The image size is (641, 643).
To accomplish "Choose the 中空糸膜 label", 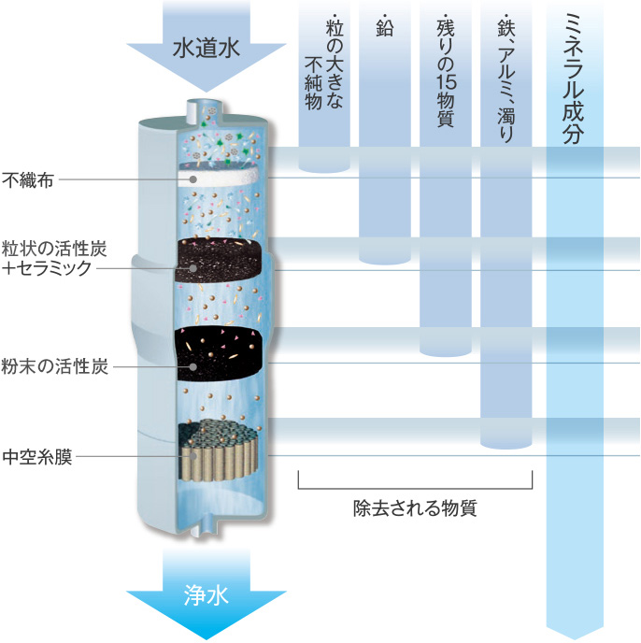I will click(36, 457).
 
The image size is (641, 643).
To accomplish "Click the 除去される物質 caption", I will click(415, 509).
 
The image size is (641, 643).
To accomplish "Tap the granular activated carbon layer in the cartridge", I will click(222, 254).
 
